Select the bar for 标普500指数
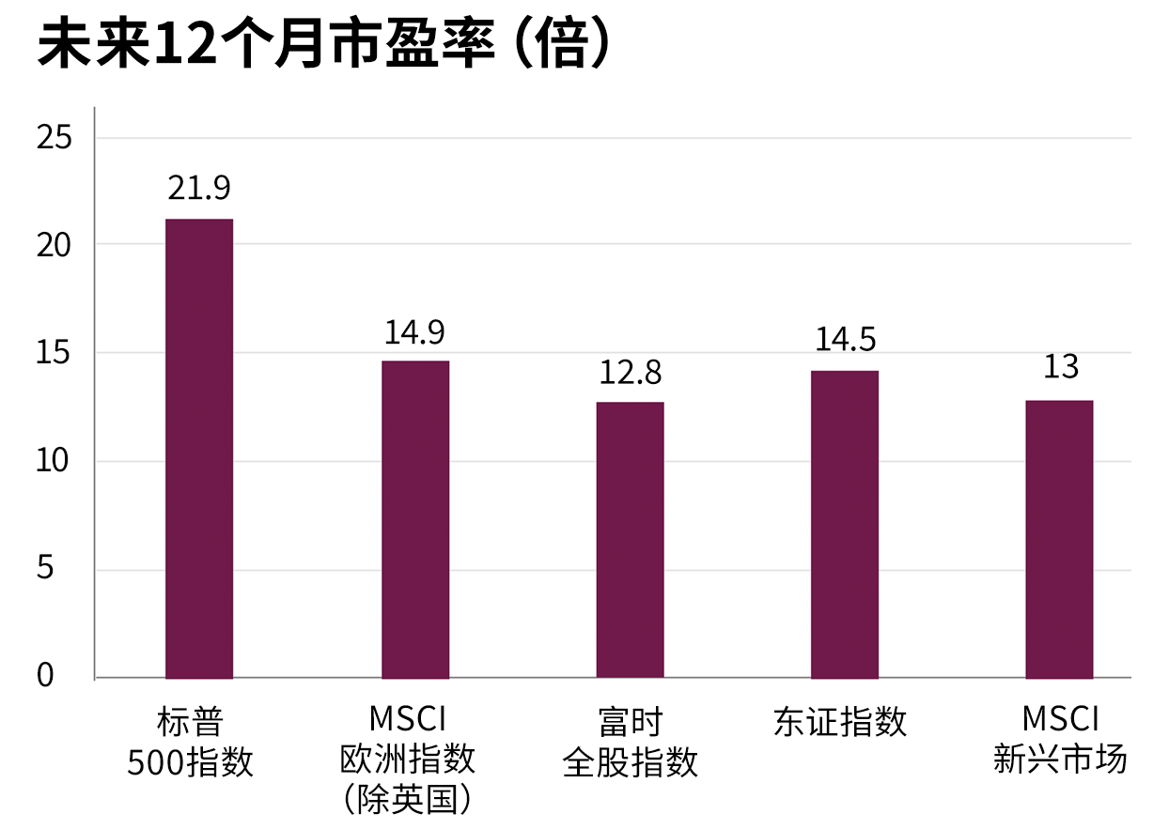click(x=199, y=448)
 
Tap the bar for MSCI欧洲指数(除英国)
click(x=415, y=519)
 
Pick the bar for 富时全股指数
click(x=630, y=540)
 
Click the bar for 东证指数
click(x=845, y=524)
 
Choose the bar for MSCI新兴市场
click(x=1059, y=539)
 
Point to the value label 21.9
click(x=199, y=189)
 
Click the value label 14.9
click(x=414, y=331)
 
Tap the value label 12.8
click(x=630, y=373)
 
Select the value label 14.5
click(x=845, y=340)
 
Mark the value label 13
click(x=1060, y=367)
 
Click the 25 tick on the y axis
click(x=54, y=138)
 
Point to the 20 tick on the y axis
click(x=54, y=245)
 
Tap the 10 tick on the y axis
click(x=54, y=462)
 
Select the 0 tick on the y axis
click(x=45, y=675)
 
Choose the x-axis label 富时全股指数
click(x=630, y=743)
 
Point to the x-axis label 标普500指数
click(x=191, y=743)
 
